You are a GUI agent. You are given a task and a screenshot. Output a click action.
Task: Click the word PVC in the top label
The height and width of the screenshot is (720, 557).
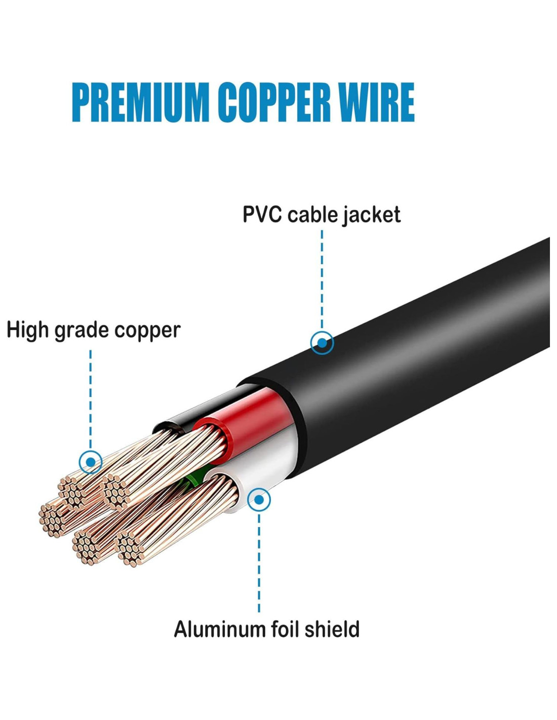point(262,214)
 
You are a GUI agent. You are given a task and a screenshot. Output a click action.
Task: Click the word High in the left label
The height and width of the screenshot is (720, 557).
point(27,330)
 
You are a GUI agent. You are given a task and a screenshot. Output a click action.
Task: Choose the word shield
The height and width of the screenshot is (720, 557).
point(332,629)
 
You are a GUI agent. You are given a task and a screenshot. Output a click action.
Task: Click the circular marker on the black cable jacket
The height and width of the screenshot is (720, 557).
point(322,343)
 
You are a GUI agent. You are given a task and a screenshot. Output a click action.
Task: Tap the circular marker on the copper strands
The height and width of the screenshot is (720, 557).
point(91,462)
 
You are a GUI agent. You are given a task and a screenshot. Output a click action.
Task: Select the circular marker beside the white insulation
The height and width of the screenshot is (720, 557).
point(259,500)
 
